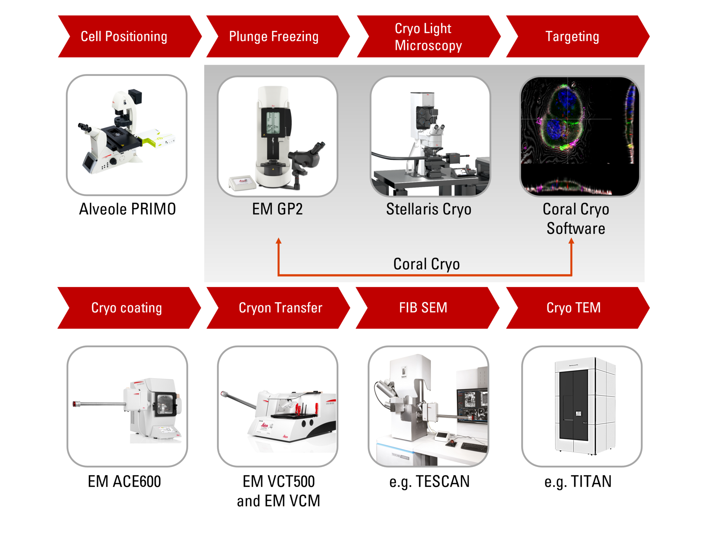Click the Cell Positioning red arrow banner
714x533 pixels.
(x=126, y=36)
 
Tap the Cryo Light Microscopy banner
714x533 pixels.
(x=428, y=36)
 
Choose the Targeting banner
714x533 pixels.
(x=575, y=36)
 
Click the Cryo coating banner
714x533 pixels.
(x=126, y=308)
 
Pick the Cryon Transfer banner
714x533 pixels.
(x=279, y=308)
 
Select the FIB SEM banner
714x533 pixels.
(x=424, y=308)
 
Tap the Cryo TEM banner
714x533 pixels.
(x=575, y=308)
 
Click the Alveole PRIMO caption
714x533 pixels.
(x=127, y=209)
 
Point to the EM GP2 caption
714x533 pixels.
(x=277, y=209)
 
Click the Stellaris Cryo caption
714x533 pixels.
(x=429, y=209)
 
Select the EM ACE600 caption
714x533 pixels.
(x=125, y=482)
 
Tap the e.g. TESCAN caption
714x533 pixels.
(x=430, y=482)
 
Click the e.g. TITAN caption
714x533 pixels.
(x=578, y=482)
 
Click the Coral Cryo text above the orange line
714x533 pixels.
(x=427, y=264)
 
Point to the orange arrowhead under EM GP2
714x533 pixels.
(x=279, y=241)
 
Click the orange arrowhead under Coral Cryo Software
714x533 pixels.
(x=572, y=241)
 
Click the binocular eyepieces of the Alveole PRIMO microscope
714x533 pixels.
(x=84, y=127)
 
